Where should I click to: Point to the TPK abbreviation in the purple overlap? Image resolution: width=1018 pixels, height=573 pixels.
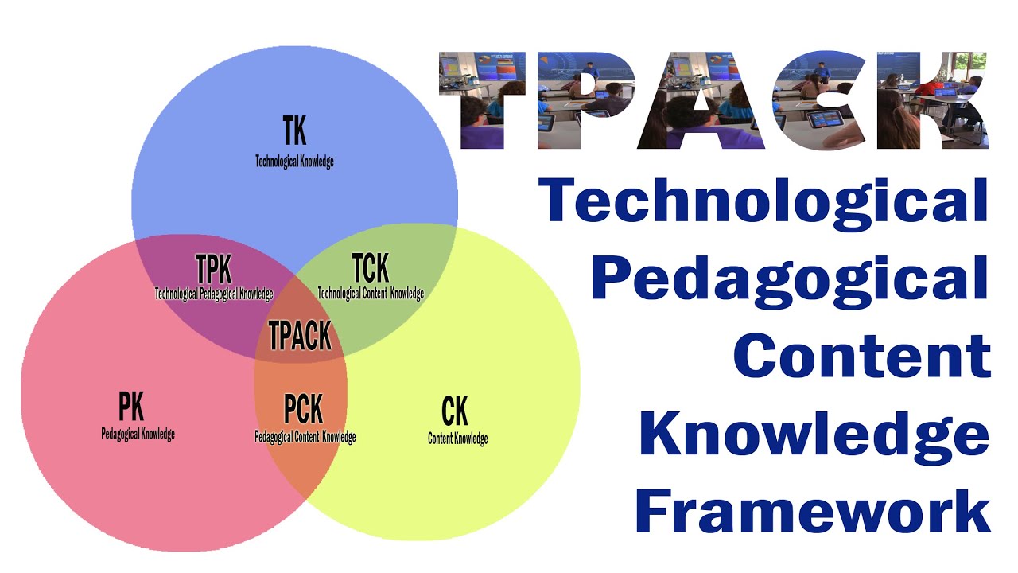[213, 268]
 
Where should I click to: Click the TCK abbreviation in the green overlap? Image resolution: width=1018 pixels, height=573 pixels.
[370, 268]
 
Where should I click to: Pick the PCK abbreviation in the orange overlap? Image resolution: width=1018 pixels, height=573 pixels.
[303, 409]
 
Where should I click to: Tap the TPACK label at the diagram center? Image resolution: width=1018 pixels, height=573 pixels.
[300, 336]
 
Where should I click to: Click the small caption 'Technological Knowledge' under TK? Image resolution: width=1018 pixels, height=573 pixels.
[294, 162]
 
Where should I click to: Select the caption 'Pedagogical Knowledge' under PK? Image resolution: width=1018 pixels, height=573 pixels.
[138, 434]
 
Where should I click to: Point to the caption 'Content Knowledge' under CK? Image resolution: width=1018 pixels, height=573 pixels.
[457, 439]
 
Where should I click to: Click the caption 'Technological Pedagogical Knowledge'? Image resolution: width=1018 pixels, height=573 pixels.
[213, 293]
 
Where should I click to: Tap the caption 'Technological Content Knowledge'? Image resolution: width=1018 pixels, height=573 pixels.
[371, 293]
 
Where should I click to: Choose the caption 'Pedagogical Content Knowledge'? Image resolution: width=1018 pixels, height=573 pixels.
[305, 437]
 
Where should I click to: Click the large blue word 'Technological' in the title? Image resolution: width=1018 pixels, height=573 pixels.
[763, 201]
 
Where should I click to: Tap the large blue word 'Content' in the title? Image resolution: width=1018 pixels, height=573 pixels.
[862, 355]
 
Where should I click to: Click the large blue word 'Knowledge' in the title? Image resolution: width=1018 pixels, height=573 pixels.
[814, 435]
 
